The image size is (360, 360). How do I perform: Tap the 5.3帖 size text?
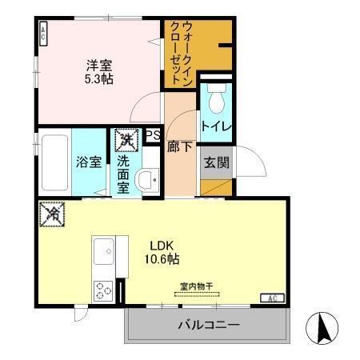(x=98, y=80)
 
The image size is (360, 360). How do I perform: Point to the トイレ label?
(x=215, y=126)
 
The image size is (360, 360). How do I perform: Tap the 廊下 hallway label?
(x=179, y=147)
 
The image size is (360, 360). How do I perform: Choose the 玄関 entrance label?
(x=216, y=163)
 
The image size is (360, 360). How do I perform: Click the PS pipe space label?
(x=152, y=137)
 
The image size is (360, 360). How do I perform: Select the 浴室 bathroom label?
(x=89, y=162)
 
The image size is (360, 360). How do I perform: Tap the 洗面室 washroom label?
(x=124, y=174)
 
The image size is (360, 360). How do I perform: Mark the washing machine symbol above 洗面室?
(x=125, y=141)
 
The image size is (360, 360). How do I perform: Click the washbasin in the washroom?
(x=146, y=180)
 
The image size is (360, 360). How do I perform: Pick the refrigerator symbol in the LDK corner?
(x=52, y=215)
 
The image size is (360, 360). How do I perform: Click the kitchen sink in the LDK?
(x=104, y=254)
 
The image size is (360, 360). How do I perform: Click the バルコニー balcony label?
(x=207, y=326)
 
